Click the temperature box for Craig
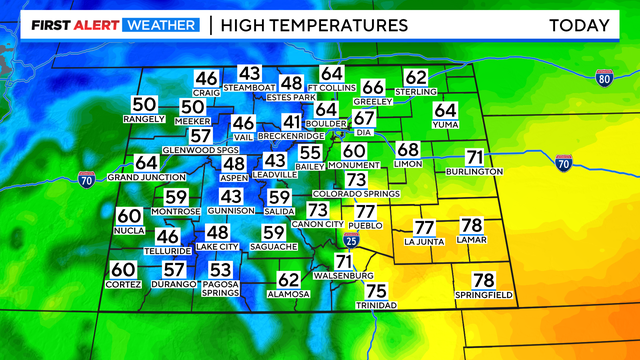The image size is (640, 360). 207,79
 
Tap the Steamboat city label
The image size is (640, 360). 249,89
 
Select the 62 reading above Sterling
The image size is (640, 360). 416,77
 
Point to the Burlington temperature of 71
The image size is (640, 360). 475,157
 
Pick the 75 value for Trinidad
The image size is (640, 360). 377,291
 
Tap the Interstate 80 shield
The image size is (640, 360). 603,77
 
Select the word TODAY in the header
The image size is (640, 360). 580,24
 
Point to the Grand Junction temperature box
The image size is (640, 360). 146,162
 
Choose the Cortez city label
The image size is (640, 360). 122,284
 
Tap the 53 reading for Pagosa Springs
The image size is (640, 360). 220,270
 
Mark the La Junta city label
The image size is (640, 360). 424,241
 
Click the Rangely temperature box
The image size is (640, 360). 144,105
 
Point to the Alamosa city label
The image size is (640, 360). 289,294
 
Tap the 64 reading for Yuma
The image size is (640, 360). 445,111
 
